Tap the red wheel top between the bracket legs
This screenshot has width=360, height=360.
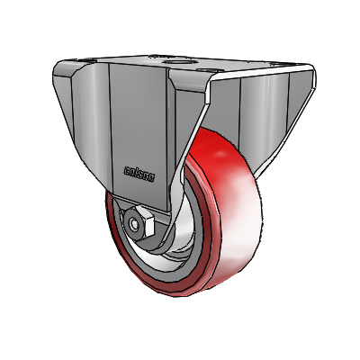211,144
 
